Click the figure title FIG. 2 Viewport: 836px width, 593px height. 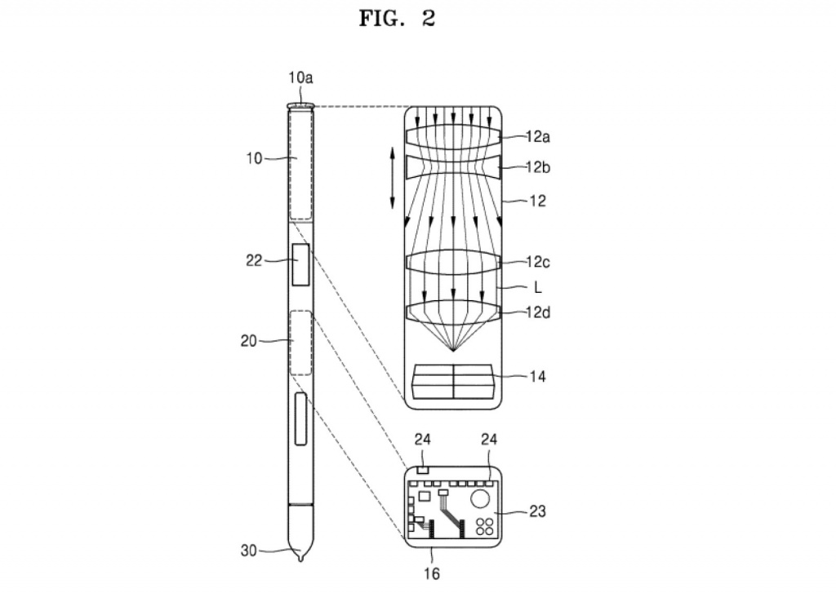click(x=398, y=18)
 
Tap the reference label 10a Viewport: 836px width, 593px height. click(x=300, y=77)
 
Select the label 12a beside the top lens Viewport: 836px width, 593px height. click(x=537, y=137)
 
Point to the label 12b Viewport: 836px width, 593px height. click(x=537, y=167)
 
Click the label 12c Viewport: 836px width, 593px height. click(x=537, y=262)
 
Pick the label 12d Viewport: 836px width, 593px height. click(x=537, y=312)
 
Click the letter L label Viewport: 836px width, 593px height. click(x=537, y=288)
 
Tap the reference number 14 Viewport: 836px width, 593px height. click(x=537, y=377)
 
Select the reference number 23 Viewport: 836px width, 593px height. click(x=537, y=511)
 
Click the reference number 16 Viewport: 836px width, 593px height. click(x=431, y=573)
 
